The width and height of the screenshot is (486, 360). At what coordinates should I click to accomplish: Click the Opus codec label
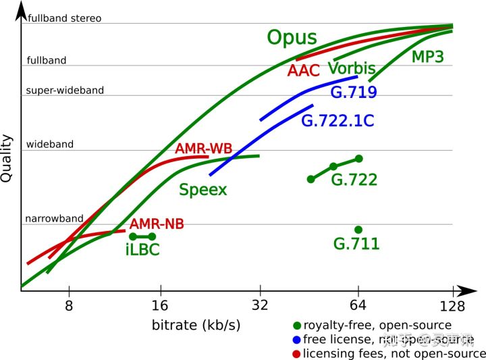292,38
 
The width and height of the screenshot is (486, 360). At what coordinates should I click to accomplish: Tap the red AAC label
303,70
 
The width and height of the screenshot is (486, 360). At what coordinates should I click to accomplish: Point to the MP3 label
427,57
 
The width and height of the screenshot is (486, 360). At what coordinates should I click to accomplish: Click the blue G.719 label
354,93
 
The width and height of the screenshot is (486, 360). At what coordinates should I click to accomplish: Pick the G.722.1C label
337,122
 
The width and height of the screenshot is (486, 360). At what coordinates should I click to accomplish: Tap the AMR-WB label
200,149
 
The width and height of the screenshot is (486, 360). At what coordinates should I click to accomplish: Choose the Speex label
202,190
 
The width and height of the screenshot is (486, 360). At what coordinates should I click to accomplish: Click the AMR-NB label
157,224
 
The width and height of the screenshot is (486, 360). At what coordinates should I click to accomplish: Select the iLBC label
142,250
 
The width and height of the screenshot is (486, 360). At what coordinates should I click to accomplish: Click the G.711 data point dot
358,230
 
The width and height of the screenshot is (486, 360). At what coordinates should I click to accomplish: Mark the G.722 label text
354,180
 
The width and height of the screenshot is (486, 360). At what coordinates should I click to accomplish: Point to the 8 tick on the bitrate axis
69,305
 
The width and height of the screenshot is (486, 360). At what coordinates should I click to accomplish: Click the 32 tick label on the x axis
260,305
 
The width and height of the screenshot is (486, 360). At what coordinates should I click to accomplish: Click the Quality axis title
7,157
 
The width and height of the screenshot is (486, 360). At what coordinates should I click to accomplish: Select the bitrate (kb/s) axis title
196,326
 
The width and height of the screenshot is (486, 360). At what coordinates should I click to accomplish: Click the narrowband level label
54,218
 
